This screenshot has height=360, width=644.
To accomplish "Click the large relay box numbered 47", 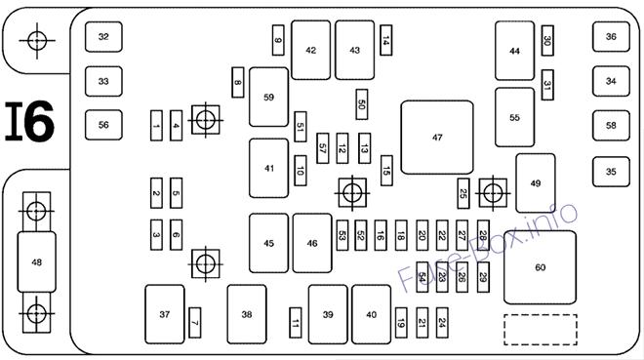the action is tap(437, 138).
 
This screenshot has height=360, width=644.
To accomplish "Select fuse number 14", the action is tap(386, 40).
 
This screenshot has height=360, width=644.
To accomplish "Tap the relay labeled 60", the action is tap(541, 267).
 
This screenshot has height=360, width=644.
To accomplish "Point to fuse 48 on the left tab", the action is tap(36, 261).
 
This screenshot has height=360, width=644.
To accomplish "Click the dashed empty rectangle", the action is tap(541, 330).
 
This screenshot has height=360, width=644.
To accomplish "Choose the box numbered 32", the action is tap(103, 37).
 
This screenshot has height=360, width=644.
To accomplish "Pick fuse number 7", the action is tap(195, 323).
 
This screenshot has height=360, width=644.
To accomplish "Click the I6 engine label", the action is tap(29, 122).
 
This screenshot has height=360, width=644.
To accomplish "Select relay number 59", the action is tap(268, 98).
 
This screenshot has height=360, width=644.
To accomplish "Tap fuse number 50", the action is tap(362, 104).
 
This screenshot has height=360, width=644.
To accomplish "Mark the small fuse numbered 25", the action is tap(463, 193).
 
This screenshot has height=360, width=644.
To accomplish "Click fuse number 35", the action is tap(611, 172).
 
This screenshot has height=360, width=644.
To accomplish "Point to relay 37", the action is tap(165, 314).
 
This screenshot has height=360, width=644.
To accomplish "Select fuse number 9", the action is tap(278, 40).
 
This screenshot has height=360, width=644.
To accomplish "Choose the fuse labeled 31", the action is tap(547, 85).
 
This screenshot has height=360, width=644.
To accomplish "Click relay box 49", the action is tap(536, 183).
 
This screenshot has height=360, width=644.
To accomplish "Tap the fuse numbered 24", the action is tap(442, 323).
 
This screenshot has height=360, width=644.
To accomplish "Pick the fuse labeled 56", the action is tap(103, 125).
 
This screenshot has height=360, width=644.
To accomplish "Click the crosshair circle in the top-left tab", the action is tap(37, 41).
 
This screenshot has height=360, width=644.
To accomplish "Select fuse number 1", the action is tap(156, 126).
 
